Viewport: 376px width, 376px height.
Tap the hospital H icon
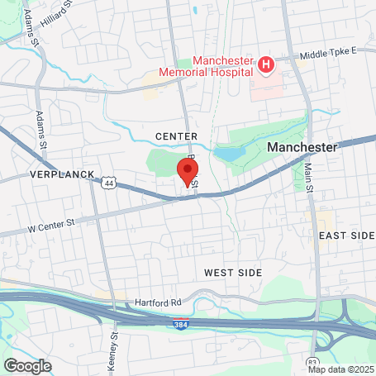265,64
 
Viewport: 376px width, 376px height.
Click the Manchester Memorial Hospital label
221,66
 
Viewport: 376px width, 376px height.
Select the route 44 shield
109,183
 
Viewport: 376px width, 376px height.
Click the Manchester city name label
303,146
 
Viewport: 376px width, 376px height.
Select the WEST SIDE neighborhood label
233,272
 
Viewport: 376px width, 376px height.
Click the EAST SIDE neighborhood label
347,236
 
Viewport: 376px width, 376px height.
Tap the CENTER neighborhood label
176,136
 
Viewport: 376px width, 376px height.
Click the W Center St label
51,223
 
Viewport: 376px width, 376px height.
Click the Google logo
26,365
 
